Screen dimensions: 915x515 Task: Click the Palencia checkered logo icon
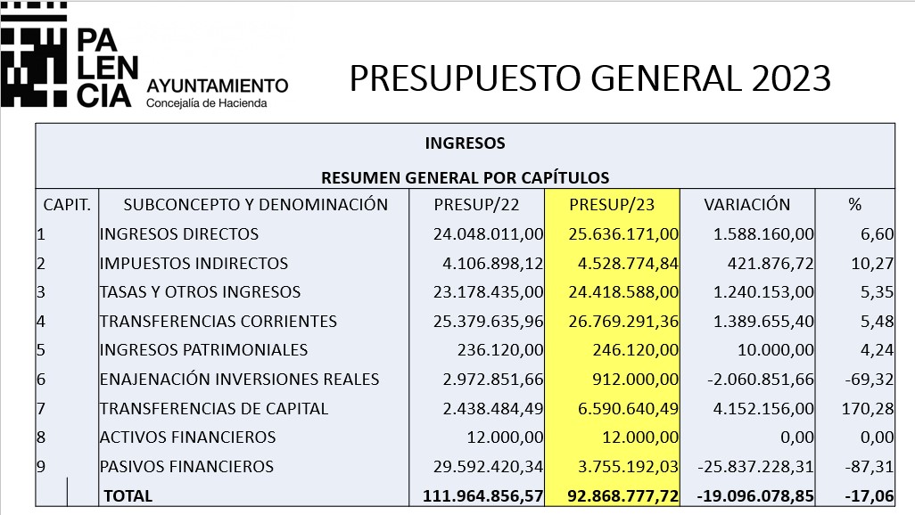(x=33, y=54)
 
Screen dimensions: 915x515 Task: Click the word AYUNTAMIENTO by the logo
(x=217, y=86)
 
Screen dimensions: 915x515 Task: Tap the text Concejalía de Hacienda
(x=207, y=103)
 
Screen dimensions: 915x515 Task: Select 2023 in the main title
(x=791, y=78)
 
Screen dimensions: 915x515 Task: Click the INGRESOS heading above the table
(x=466, y=143)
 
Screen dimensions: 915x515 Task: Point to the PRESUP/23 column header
(x=612, y=205)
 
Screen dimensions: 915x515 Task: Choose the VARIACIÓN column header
(x=747, y=204)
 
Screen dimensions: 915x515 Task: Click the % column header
(x=855, y=205)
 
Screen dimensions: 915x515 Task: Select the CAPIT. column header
(x=67, y=205)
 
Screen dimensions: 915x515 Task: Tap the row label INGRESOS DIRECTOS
(x=179, y=233)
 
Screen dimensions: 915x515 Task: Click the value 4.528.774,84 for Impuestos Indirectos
(x=628, y=264)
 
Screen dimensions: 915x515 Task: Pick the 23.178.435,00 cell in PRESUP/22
(x=488, y=292)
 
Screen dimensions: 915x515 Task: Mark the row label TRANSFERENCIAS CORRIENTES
(x=218, y=322)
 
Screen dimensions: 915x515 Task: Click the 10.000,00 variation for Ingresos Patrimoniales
(x=776, y=350)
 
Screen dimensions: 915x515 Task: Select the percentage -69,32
(x=869, y=379)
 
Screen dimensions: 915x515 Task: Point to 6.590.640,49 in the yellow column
(x=628, y=408)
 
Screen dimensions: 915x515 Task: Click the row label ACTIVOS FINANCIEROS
(x=187, y=437)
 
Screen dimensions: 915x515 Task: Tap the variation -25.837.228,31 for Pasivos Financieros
(x=755, y=467)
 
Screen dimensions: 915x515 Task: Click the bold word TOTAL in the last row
(x=128, y=495)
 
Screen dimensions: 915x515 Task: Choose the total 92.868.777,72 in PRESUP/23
(x=623, y=495)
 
